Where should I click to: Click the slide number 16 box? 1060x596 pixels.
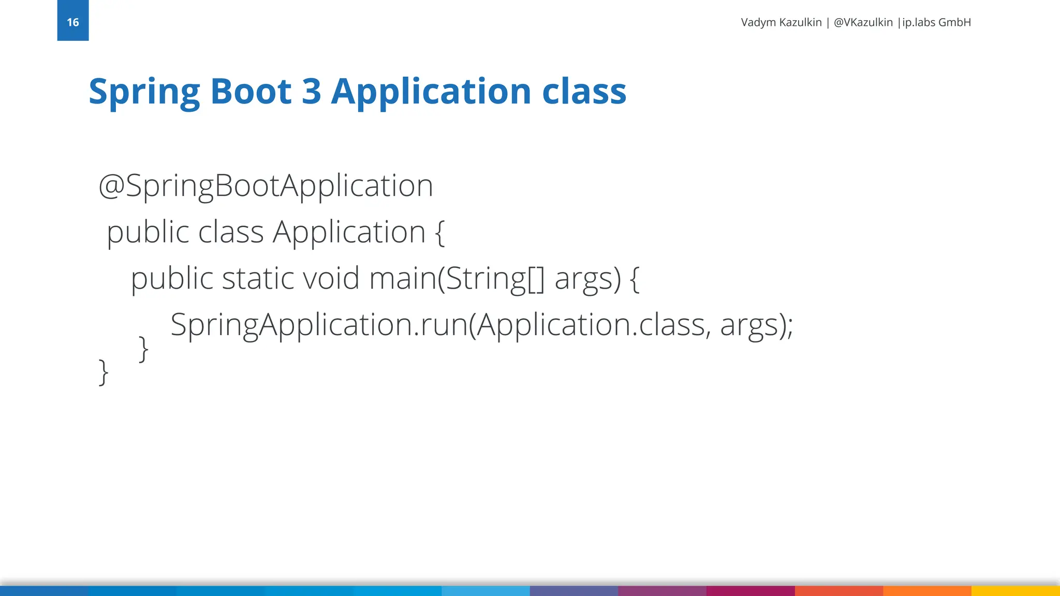73,21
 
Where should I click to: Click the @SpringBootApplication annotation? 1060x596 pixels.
266,186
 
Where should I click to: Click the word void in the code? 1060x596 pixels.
331,278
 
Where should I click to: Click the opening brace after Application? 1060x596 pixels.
439,232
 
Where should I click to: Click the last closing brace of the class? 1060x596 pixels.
104,372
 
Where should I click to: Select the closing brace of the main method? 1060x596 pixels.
144,349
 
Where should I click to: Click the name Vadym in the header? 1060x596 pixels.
758,22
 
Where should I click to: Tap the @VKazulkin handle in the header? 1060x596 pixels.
863,22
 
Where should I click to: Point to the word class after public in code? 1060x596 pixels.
231,232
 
